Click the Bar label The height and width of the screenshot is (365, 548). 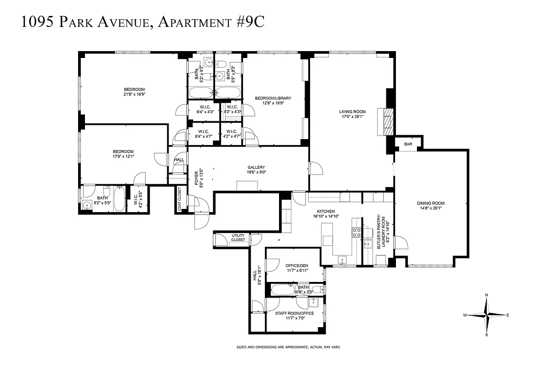point(408,145)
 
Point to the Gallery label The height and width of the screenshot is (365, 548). point(256,167)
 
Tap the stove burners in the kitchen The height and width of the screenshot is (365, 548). point(356,233)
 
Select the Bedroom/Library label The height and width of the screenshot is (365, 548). point(273,98)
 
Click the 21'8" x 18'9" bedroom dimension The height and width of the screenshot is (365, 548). point(134,94)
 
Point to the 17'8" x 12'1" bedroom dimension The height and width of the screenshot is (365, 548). point(123,156)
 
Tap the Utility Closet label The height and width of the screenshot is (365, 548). point(238,238)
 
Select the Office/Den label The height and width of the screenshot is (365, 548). point(297,266)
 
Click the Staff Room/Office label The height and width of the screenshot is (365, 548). point(294,313)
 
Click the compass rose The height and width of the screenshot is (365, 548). point(487,315)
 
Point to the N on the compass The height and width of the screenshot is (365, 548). point(487,295)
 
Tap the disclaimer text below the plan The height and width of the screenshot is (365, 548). point(288,347)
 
